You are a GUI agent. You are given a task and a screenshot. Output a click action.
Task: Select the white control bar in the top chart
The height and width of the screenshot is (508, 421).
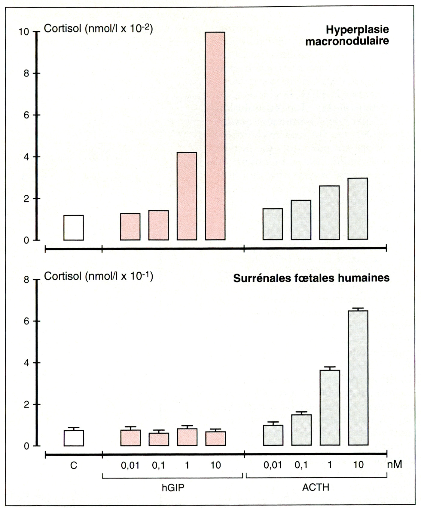pos(74,228)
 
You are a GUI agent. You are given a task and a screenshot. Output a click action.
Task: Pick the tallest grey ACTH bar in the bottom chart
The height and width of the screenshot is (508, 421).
pos(358,378)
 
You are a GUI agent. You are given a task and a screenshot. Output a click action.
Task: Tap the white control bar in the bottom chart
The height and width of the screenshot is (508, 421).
pos(74,438)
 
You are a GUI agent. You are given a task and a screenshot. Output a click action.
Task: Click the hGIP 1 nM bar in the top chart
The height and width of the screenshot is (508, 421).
pos(187,196)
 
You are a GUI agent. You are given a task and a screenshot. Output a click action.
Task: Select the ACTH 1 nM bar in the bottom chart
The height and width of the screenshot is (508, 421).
pos(330,407)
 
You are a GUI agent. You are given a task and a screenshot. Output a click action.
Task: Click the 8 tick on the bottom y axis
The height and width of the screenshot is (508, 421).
pos(26,280)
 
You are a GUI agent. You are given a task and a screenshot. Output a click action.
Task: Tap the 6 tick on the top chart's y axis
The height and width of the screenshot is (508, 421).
pos(26,115)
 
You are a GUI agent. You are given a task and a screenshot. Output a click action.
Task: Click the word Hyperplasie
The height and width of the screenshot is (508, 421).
pos(357,29)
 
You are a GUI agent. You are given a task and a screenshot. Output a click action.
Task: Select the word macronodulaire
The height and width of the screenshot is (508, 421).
pos(347,41)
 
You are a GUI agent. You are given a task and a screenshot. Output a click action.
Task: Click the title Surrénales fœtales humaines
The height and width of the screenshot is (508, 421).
pos(311,278)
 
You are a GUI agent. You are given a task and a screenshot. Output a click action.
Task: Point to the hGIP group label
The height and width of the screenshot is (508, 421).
pos(173,487)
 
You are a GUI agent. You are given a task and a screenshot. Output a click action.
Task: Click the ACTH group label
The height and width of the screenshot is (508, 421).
pos(316,487)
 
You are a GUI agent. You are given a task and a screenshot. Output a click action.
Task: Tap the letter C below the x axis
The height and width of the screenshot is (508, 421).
pos(74,466)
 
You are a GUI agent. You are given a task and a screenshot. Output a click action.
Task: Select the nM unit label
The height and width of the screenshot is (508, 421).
pos(394,464)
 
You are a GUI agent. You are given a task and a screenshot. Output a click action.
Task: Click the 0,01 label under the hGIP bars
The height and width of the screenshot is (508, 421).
pos(130,466)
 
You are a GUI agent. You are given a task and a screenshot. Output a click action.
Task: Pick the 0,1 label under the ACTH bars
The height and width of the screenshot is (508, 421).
pos(301,465)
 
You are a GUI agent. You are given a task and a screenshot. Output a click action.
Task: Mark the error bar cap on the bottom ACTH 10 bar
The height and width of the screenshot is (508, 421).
pos(358,308)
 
